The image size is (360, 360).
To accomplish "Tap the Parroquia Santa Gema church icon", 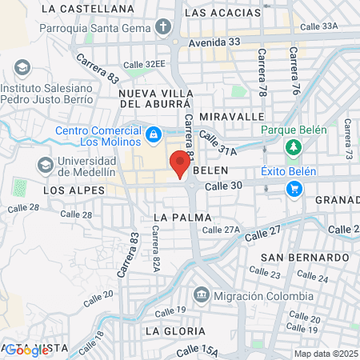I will click(165, 27).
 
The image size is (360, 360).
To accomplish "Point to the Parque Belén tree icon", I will click(294, 147).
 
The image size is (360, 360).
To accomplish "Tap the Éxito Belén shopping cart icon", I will click(294, 188).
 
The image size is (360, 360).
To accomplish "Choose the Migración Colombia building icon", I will click(201, 295).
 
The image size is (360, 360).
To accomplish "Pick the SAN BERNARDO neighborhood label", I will click(304, 258).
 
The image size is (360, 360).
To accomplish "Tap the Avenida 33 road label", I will click(215, 42).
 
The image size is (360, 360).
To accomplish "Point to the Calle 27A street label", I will click(221, 230).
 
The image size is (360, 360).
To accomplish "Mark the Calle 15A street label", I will click(198, 350).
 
